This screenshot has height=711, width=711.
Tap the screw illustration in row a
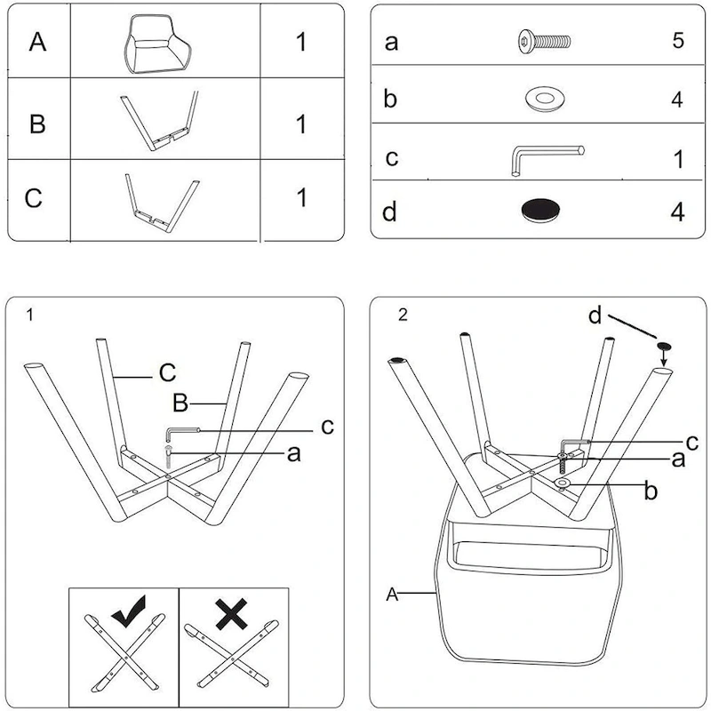pos(543,41)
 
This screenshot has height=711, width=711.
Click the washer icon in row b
pos(542,98)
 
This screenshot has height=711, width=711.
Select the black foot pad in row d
pos(542,210)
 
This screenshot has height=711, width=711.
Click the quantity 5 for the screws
pos(677,42)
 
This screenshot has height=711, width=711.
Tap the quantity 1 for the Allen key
pos(678,159)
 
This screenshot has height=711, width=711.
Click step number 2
pos(403,316)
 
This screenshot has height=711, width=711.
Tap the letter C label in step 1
pos(167,372)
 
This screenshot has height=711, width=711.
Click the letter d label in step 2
pos(595,315)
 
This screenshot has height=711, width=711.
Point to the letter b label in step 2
pos(651,491)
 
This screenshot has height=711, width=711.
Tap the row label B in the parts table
pos(37,123)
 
